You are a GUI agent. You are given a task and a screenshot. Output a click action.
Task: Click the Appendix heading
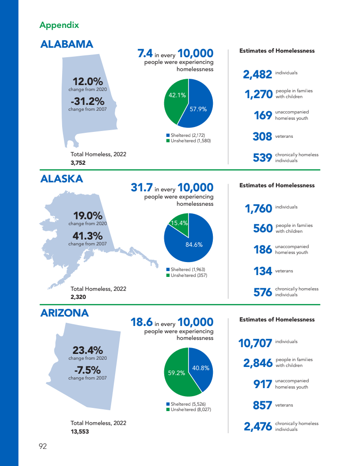[x=59, y=25]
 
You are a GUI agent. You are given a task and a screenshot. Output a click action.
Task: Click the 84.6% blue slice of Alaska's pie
[x=193, y=245]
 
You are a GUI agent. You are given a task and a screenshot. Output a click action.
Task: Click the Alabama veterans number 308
[x=262, y=136]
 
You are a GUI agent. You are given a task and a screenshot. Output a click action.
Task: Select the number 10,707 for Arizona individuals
[x=255, y=344]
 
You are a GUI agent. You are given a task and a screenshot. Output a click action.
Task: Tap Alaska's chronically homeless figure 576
[x=263, y=292]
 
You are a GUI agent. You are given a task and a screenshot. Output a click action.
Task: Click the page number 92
[x=43, y=447]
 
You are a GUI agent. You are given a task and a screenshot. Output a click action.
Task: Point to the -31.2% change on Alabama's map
[x=88, y=102]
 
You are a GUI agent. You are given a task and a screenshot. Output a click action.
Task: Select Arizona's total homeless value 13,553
[x=80, y=431]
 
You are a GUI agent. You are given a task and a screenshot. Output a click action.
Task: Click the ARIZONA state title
[x=64, y=313]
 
